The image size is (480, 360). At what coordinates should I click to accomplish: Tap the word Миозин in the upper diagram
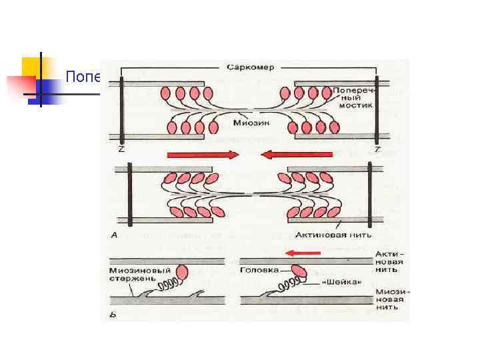247,121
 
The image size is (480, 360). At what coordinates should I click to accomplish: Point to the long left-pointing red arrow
295,155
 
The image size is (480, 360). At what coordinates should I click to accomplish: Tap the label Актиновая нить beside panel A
333,235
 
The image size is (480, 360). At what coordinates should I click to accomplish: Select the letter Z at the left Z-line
120,149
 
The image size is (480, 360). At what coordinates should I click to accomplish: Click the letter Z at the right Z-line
377,149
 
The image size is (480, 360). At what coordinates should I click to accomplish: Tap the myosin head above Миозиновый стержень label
181,273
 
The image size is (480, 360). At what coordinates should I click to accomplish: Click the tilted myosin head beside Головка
298,270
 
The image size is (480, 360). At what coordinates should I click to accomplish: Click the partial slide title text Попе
82,77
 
